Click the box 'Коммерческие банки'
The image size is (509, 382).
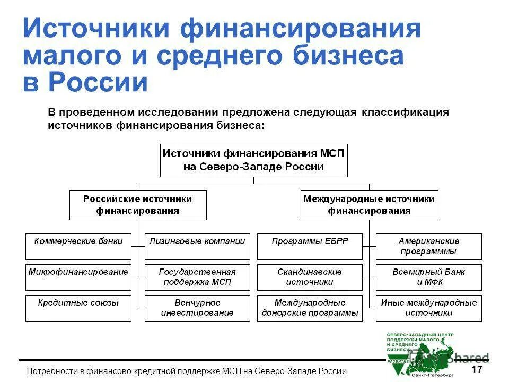(78, 246)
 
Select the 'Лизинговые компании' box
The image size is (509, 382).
(197, 246)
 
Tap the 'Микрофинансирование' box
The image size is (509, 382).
(78, 277)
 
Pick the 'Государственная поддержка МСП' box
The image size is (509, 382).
(197, 277)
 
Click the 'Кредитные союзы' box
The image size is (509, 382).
(78, 308)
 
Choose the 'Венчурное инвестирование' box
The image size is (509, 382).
(197, 308)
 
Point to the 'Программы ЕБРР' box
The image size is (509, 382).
(310, 246)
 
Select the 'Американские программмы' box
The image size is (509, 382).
(429, 246)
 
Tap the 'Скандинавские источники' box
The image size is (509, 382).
(310, 277)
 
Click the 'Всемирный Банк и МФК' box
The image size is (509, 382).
(429, 277)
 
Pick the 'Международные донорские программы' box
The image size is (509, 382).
(310, 308)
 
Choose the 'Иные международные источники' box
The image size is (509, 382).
(429, 308)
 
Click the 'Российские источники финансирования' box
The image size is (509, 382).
(138, 205)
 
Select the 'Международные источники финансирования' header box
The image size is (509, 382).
(369, 205)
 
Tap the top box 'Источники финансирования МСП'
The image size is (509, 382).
(254, 160)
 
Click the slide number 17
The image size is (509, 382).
(477, 369)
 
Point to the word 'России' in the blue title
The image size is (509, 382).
(98, 83)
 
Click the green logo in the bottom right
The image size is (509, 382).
(424, 350)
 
